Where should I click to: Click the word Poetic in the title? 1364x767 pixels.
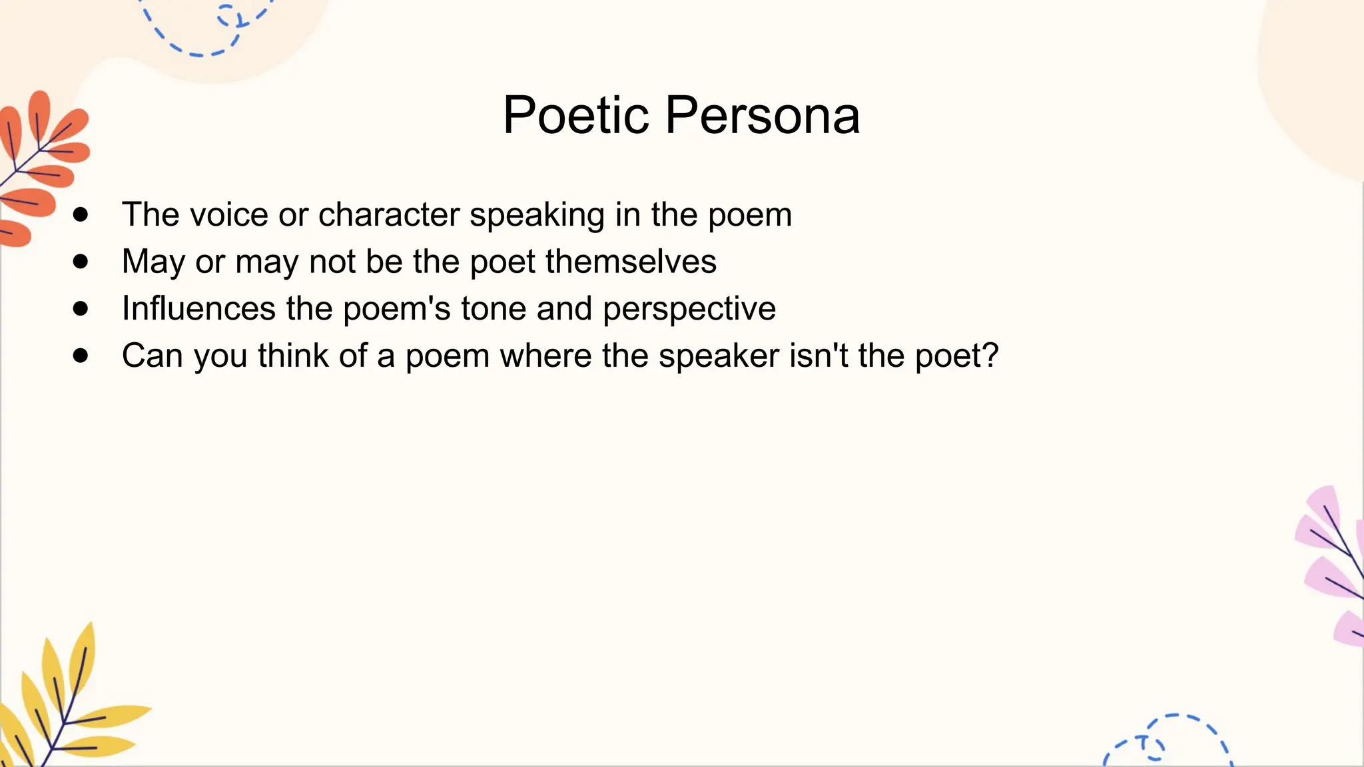pyautogui.click(x=575, y=115)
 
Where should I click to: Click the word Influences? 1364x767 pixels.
pyautogui.click(x=198, y=309)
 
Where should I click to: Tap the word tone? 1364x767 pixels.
pyautogui.click(x=494, y=309)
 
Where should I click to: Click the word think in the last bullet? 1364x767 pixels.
pyautogui.click(x=294, y=356)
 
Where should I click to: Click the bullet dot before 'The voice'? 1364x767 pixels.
pyautogui.click(x=81, y=214)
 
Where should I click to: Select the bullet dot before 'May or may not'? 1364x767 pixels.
pyautogui.click(x=81, y=262)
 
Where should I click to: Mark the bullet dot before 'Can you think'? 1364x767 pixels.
pyautogui.click(x=81, y=356)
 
